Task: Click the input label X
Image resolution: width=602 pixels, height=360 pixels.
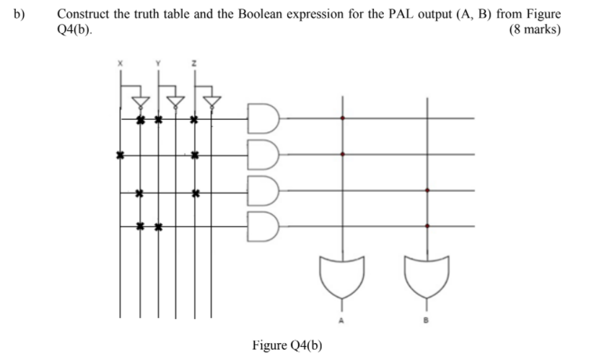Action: pyautogui.click(x=121, y=65)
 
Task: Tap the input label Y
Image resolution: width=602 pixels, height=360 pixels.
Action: pyautogui.click(x=157, y=65)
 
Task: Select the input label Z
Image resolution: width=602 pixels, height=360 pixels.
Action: pyautogui.click(x=193, y=65)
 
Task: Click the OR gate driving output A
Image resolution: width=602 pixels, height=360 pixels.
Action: pyautogui.click(x=341, y=276)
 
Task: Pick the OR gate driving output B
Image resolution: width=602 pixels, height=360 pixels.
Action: pyautogui.click(x=428, y=276)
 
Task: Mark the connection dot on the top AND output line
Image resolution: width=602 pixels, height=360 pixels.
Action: pyautogui.click(x=342, y=118)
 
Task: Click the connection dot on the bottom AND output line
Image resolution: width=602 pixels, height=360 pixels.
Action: pyautogui.click(x=428, y=226)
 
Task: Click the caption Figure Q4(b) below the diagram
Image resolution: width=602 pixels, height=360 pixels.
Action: pyautogui.click(x=287, y=344)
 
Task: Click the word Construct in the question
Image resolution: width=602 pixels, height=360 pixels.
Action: pyautogui.click(x=82, y=14)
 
